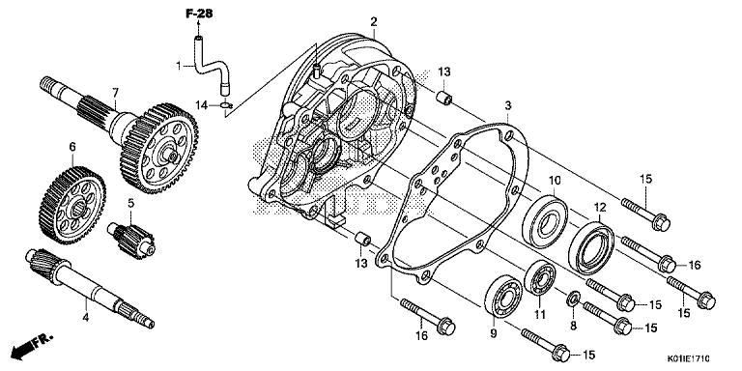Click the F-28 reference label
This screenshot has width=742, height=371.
tap(199, 14)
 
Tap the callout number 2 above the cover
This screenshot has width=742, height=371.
tap(373, 22)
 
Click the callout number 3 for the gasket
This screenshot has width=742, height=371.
tap(508, 105)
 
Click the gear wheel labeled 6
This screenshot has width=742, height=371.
tap(72, 204)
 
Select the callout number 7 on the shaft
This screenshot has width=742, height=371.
tap(115, 93)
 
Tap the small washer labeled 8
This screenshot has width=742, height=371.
tap(573, 299)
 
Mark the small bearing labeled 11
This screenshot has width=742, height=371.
tap(540, 278)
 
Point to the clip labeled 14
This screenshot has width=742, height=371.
tap(226, 105)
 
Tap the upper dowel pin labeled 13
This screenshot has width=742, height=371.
tap(444, 99)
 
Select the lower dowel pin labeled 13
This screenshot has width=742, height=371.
tap(363, 239)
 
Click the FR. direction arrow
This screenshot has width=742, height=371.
tap(31, 347)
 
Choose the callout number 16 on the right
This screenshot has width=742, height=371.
tap(694, 265)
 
